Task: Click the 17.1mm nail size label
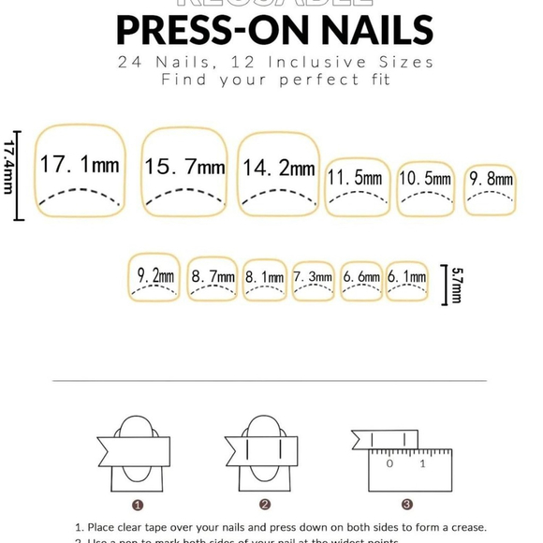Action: [x=80, y=166]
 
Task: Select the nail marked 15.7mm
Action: [x=184, y=169]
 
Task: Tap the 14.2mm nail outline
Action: [x=278, y=169]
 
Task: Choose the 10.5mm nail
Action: [x=425, y=179]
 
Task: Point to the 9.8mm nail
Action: [x=491, y=180]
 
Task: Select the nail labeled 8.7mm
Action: [x=213, y=278]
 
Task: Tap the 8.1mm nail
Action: [x=265, y=278]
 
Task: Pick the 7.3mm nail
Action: [x=313, y=278]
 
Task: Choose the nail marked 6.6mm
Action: [x=361, y=278]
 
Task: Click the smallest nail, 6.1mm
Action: [x=407, y=278]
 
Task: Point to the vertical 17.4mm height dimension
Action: [x=10, y=173]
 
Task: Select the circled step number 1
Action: [x=139, y=504]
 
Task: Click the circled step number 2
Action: [x=265, y=504]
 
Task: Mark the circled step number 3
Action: [x=406, y=504]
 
